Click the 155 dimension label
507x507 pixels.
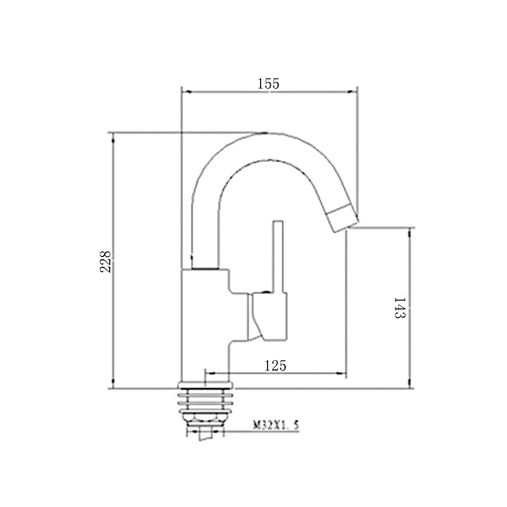[268, 84]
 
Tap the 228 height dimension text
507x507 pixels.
[105, 262]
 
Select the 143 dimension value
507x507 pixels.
[400, 308]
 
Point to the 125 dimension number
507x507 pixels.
[275, 366]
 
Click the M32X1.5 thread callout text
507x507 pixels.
[276, 425]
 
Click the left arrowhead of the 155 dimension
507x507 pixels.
[186, 92]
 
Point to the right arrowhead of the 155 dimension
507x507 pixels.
[352, 92]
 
